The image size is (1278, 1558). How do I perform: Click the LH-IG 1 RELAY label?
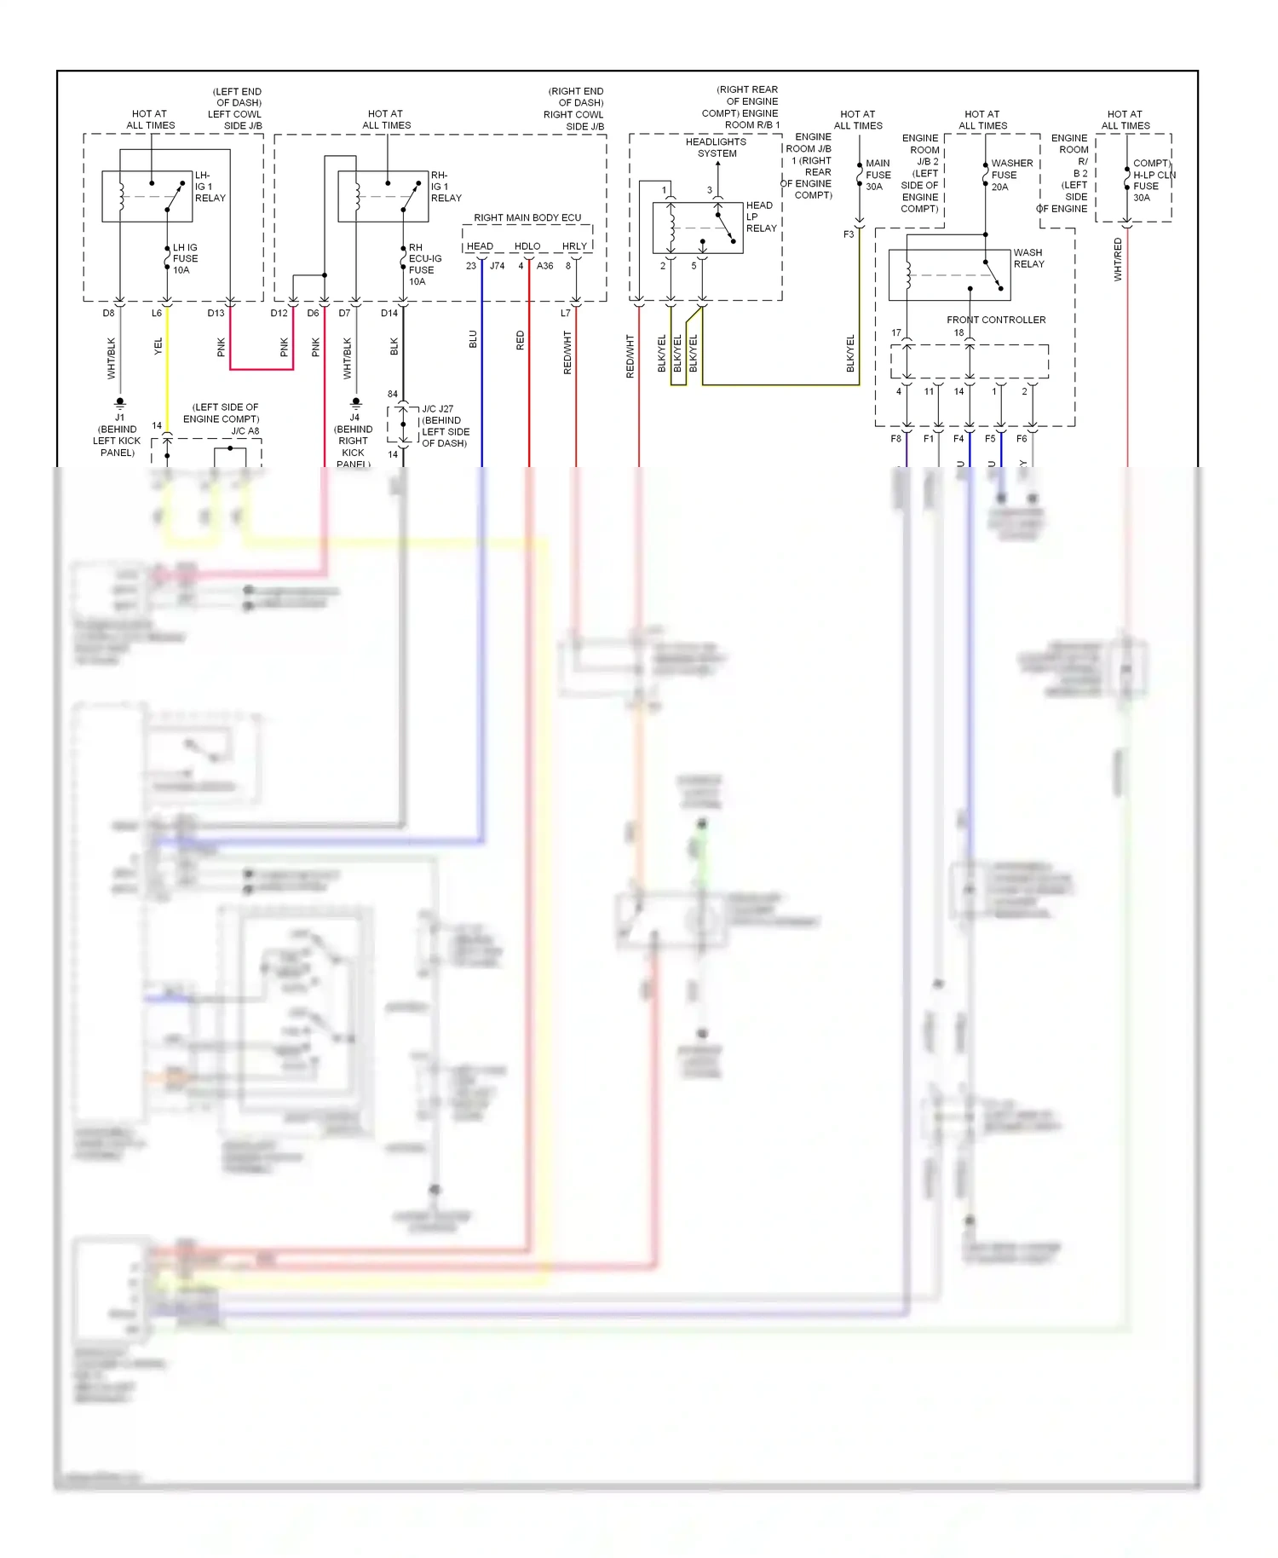[209, 187]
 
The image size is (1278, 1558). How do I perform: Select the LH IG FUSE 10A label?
[185, 258]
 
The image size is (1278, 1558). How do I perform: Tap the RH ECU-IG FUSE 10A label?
[423, 264]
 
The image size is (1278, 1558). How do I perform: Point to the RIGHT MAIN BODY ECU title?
[527, 217]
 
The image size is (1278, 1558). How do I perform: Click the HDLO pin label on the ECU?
[527, 246]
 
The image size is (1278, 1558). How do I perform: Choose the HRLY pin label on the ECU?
[574, 246]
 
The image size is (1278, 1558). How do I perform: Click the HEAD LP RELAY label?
[760, 216]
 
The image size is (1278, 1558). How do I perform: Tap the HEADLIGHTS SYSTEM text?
[716, 147]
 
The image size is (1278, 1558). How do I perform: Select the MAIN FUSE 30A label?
[878, 175]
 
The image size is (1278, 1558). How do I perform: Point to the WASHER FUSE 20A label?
[1010, 175]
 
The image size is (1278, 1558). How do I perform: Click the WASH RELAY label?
[1028, 258]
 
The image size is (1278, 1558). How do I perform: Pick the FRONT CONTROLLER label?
[995, 320]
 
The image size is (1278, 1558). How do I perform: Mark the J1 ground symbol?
[120, 401]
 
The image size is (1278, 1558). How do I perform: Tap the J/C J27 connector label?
[437, 409]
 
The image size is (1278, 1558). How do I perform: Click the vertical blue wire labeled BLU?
[482, 384]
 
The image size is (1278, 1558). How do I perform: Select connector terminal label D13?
[216, 313]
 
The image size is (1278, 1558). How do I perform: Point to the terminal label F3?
[849, 234]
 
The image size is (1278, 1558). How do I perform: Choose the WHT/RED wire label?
[1118, 259]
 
